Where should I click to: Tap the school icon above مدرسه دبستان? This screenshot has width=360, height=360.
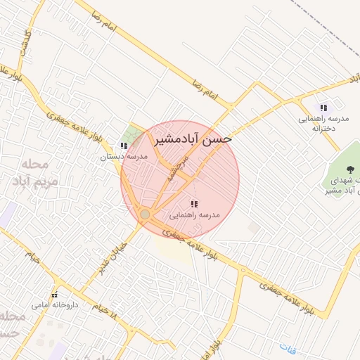point(124,146)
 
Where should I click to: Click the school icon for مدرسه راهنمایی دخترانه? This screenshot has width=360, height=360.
point(323,108)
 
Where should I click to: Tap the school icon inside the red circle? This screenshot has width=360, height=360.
point(194,204)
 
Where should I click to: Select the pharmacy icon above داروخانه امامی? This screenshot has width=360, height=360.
point(55,295)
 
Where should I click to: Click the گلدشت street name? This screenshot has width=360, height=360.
point(27,44)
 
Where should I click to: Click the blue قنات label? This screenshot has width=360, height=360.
point(288,347)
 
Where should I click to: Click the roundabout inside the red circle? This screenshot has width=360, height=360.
point(145,214)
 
